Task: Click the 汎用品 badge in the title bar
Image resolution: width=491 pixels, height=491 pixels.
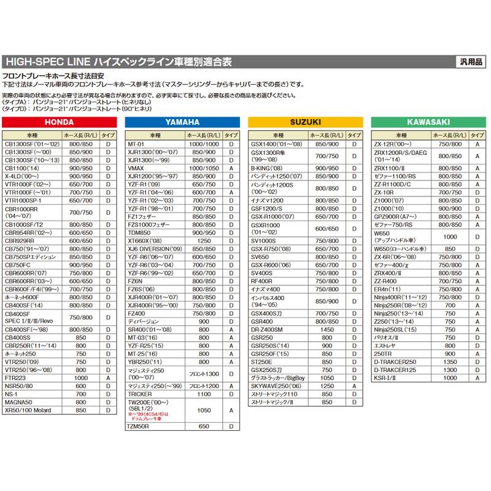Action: coord(470,61)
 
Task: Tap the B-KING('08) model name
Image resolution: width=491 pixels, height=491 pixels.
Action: coord(265,167)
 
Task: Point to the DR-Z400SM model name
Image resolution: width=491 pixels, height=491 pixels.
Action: coord(267,330)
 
